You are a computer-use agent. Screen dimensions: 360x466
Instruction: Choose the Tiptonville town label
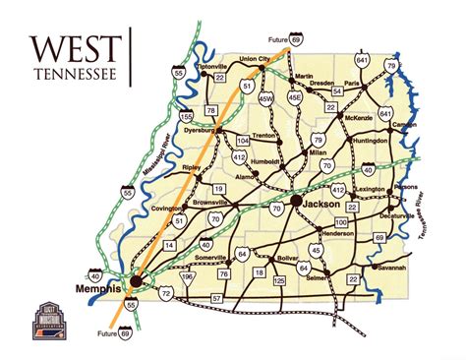212,66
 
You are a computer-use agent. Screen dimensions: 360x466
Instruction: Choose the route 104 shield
242,142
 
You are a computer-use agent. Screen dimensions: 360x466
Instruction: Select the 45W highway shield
265,98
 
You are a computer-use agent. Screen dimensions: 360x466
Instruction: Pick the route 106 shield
189,276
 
